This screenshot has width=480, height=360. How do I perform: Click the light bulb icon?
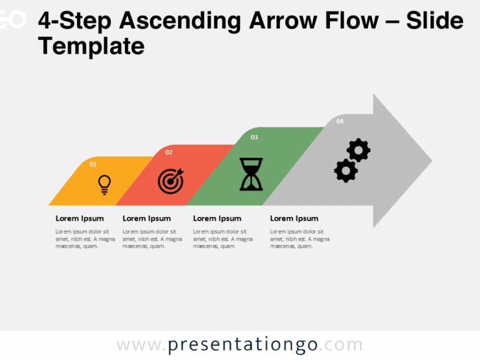104,184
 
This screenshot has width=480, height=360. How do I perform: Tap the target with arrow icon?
171,181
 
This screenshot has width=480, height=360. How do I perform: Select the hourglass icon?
251,174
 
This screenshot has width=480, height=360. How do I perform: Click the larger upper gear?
359,151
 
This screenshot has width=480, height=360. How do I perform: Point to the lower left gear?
345,170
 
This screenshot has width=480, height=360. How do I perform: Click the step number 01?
93,164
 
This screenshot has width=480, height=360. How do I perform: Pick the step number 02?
169,152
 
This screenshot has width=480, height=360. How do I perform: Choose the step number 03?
254,137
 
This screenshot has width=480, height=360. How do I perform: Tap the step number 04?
340,121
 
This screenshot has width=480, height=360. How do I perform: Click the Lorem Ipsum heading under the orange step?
79,218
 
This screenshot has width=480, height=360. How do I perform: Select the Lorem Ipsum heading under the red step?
146,218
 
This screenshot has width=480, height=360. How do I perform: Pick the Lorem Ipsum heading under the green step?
217,218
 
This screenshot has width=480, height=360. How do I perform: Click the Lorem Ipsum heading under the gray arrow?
294,218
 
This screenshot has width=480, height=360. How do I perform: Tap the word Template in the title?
91,46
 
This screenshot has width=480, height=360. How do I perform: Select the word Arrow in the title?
283,21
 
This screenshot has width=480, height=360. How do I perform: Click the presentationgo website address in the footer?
239,345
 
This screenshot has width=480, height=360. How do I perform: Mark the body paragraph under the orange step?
85,239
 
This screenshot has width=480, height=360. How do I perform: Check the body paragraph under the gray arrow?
299,239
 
